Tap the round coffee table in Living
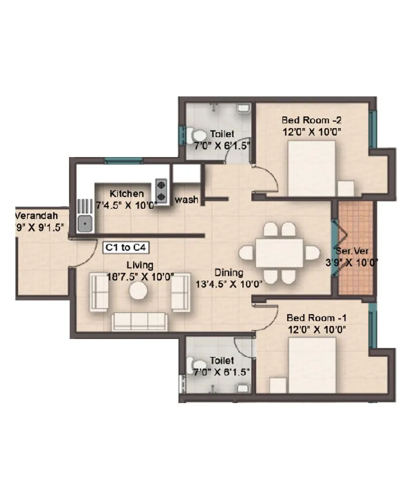tap(138, 292)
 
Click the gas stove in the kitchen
tap(162, 188)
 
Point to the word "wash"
tap(187, 200)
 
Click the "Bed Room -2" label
tap(311, 120)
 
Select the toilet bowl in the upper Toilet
tap(199, 136)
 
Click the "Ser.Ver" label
tap(351, 251)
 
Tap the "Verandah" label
tap(36, 216)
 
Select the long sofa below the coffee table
tap(138, 322)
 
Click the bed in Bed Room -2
tap(312, 167)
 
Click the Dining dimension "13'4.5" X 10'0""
tap(229, 284)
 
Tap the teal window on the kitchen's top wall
tap(124, 161)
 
